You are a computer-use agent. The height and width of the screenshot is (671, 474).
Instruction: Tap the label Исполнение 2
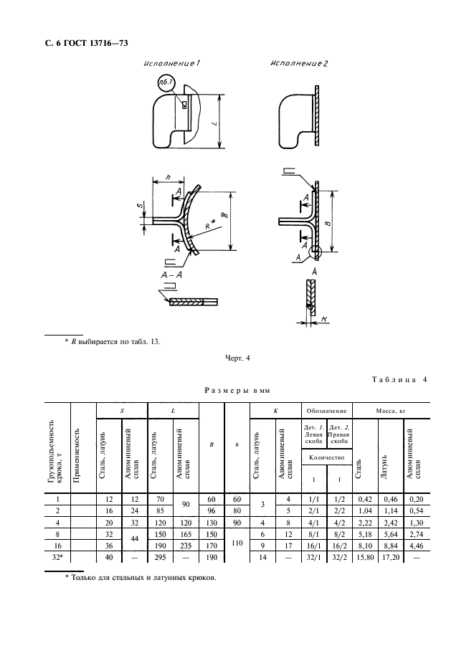tap(299, 64)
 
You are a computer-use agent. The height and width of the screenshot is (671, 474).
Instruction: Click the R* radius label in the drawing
tap(209, 224)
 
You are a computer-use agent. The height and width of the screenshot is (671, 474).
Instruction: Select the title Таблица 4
tap(399, 379)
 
